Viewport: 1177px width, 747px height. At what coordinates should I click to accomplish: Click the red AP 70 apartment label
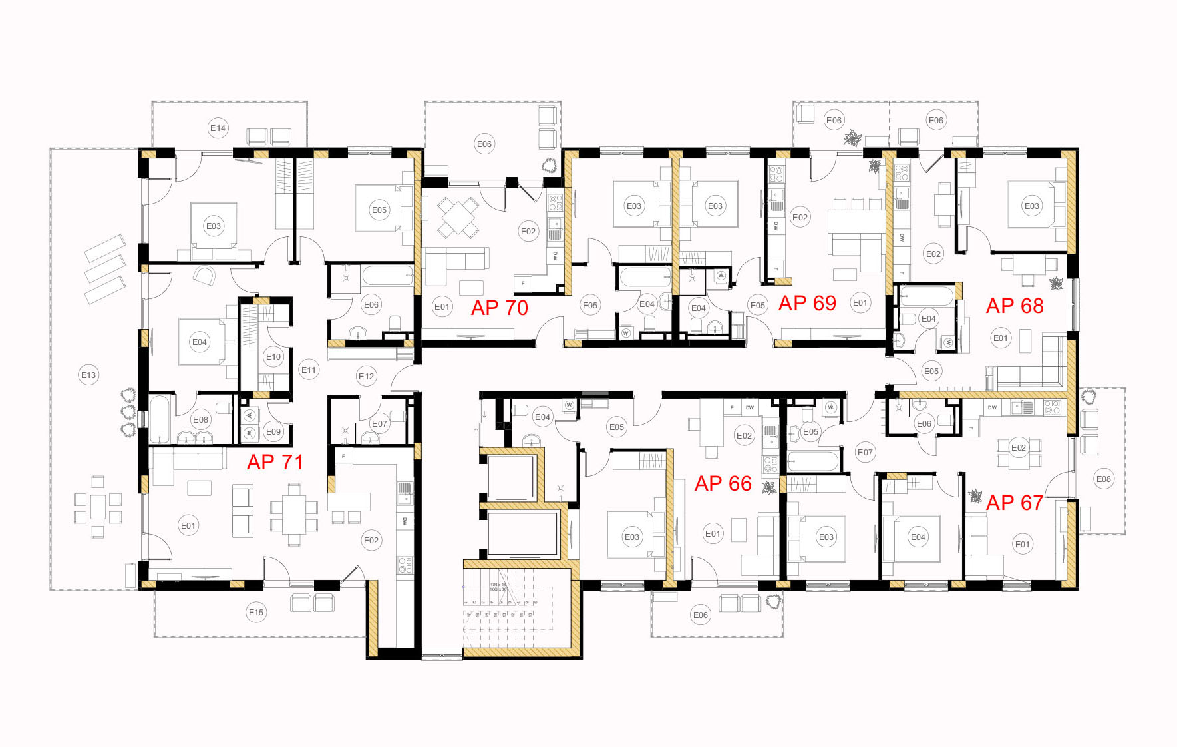pos(499,308)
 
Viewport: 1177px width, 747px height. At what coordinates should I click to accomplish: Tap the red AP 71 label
pos(275,462)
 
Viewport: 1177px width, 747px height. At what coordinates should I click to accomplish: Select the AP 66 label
pos(723,483)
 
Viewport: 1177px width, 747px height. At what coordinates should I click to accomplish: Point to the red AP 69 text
pos(807,303)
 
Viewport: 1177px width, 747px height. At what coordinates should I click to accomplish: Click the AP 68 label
pos(1015,306)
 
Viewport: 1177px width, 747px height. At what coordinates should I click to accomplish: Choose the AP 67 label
pos(1015,503)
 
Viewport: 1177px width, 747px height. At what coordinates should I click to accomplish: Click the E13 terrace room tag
pos(88,375)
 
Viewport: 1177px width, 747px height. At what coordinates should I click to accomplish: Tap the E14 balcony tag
pos(218,128)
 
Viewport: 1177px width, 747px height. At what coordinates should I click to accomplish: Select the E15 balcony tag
pos(256,612)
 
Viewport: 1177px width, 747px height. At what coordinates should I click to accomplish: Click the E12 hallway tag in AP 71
pos(367,376)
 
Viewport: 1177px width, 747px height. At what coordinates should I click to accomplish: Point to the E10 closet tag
pos(273,356)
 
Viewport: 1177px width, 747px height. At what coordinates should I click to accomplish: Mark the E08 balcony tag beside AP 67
pos(1104,479)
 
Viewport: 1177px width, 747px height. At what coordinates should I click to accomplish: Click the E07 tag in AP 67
pos(865,452)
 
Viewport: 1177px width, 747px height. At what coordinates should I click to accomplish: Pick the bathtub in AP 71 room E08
pos(160,419)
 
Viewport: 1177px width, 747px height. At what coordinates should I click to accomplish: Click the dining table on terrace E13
pos(98,507)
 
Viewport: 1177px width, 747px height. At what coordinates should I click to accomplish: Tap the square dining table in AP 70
pos(458,216)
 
